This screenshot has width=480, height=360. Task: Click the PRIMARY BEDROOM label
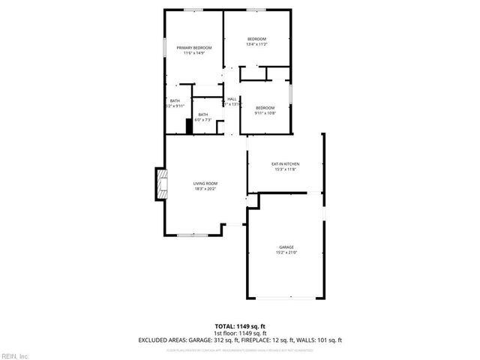coord(194,48)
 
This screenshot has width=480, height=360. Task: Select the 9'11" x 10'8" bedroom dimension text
coord(265,112)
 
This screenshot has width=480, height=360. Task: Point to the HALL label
coord(232,99)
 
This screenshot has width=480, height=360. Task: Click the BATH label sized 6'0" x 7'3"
coord(203,114)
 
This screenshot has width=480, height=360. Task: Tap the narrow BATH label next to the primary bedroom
coord(175,100)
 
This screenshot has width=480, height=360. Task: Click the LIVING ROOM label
coord(205,184)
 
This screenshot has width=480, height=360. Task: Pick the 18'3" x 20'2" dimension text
coord(205,189)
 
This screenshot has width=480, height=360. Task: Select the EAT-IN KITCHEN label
coord(286,163)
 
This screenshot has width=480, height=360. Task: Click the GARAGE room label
coord(286,247)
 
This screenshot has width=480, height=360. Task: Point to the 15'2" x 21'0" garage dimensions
coord(286,252)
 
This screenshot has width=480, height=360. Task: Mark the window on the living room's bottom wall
coord(192,235)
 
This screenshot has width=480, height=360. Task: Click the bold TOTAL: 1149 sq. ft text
coord(240,325)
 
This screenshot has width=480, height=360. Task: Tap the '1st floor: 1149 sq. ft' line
coord(240,332)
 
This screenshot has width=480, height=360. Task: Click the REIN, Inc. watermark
coord(15,354)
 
